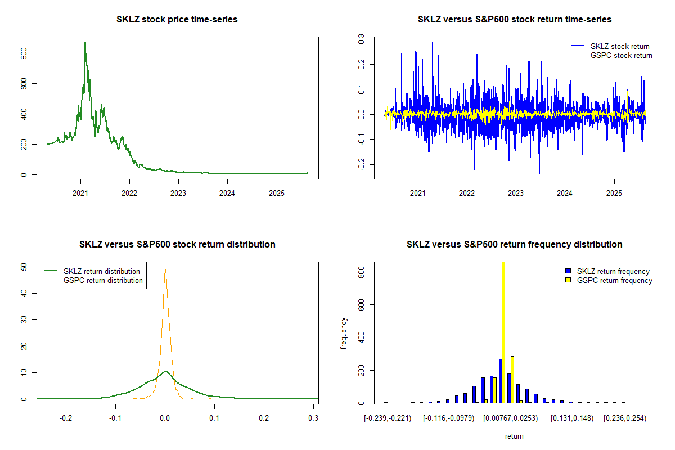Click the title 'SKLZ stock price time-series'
click(177, 20)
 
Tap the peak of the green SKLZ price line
click(85, 42)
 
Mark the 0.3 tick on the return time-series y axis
click(362, 38)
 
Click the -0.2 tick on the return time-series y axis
click(362, 164)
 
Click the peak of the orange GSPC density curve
click(165, 270)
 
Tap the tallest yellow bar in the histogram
click(503, 332)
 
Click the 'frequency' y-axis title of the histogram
click(344, 333)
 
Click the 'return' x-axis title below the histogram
click(514, 436)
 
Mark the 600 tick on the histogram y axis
click(362, 304)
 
